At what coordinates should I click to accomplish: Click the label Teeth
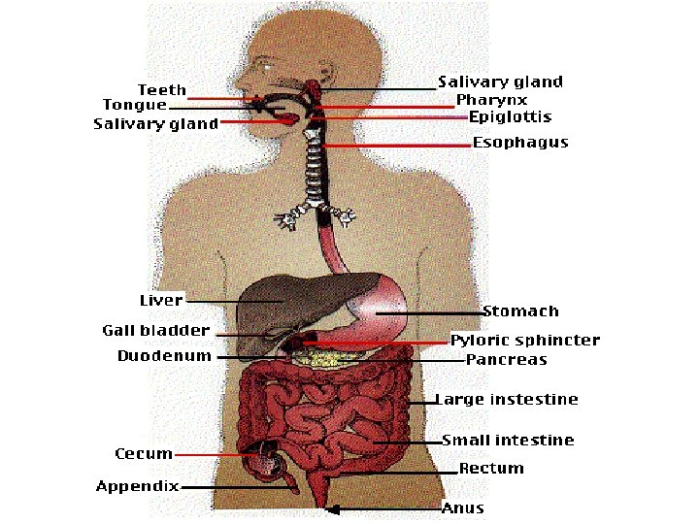pos(161,89)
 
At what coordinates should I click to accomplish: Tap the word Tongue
pos(134,105)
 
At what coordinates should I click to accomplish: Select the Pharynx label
pos(492,100)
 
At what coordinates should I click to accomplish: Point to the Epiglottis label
pos(511,116)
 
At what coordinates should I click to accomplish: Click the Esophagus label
pos(520,143)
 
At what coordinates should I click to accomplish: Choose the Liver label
pos(160,300)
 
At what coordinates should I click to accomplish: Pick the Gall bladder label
pos(155,330)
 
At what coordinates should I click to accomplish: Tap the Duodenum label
pos(164,356)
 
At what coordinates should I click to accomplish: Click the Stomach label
pos(521,311)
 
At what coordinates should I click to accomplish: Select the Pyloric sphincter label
pos(525,341)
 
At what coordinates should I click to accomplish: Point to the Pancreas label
pos(506,359)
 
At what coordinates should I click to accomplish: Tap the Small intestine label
pos(508,440)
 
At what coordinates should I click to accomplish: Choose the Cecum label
pos(144,453)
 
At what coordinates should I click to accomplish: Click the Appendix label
pos(137,486)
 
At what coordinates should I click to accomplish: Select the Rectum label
pos(491,468)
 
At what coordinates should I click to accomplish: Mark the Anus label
pos(462,508)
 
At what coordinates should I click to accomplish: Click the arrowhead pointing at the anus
pos(333,508)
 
